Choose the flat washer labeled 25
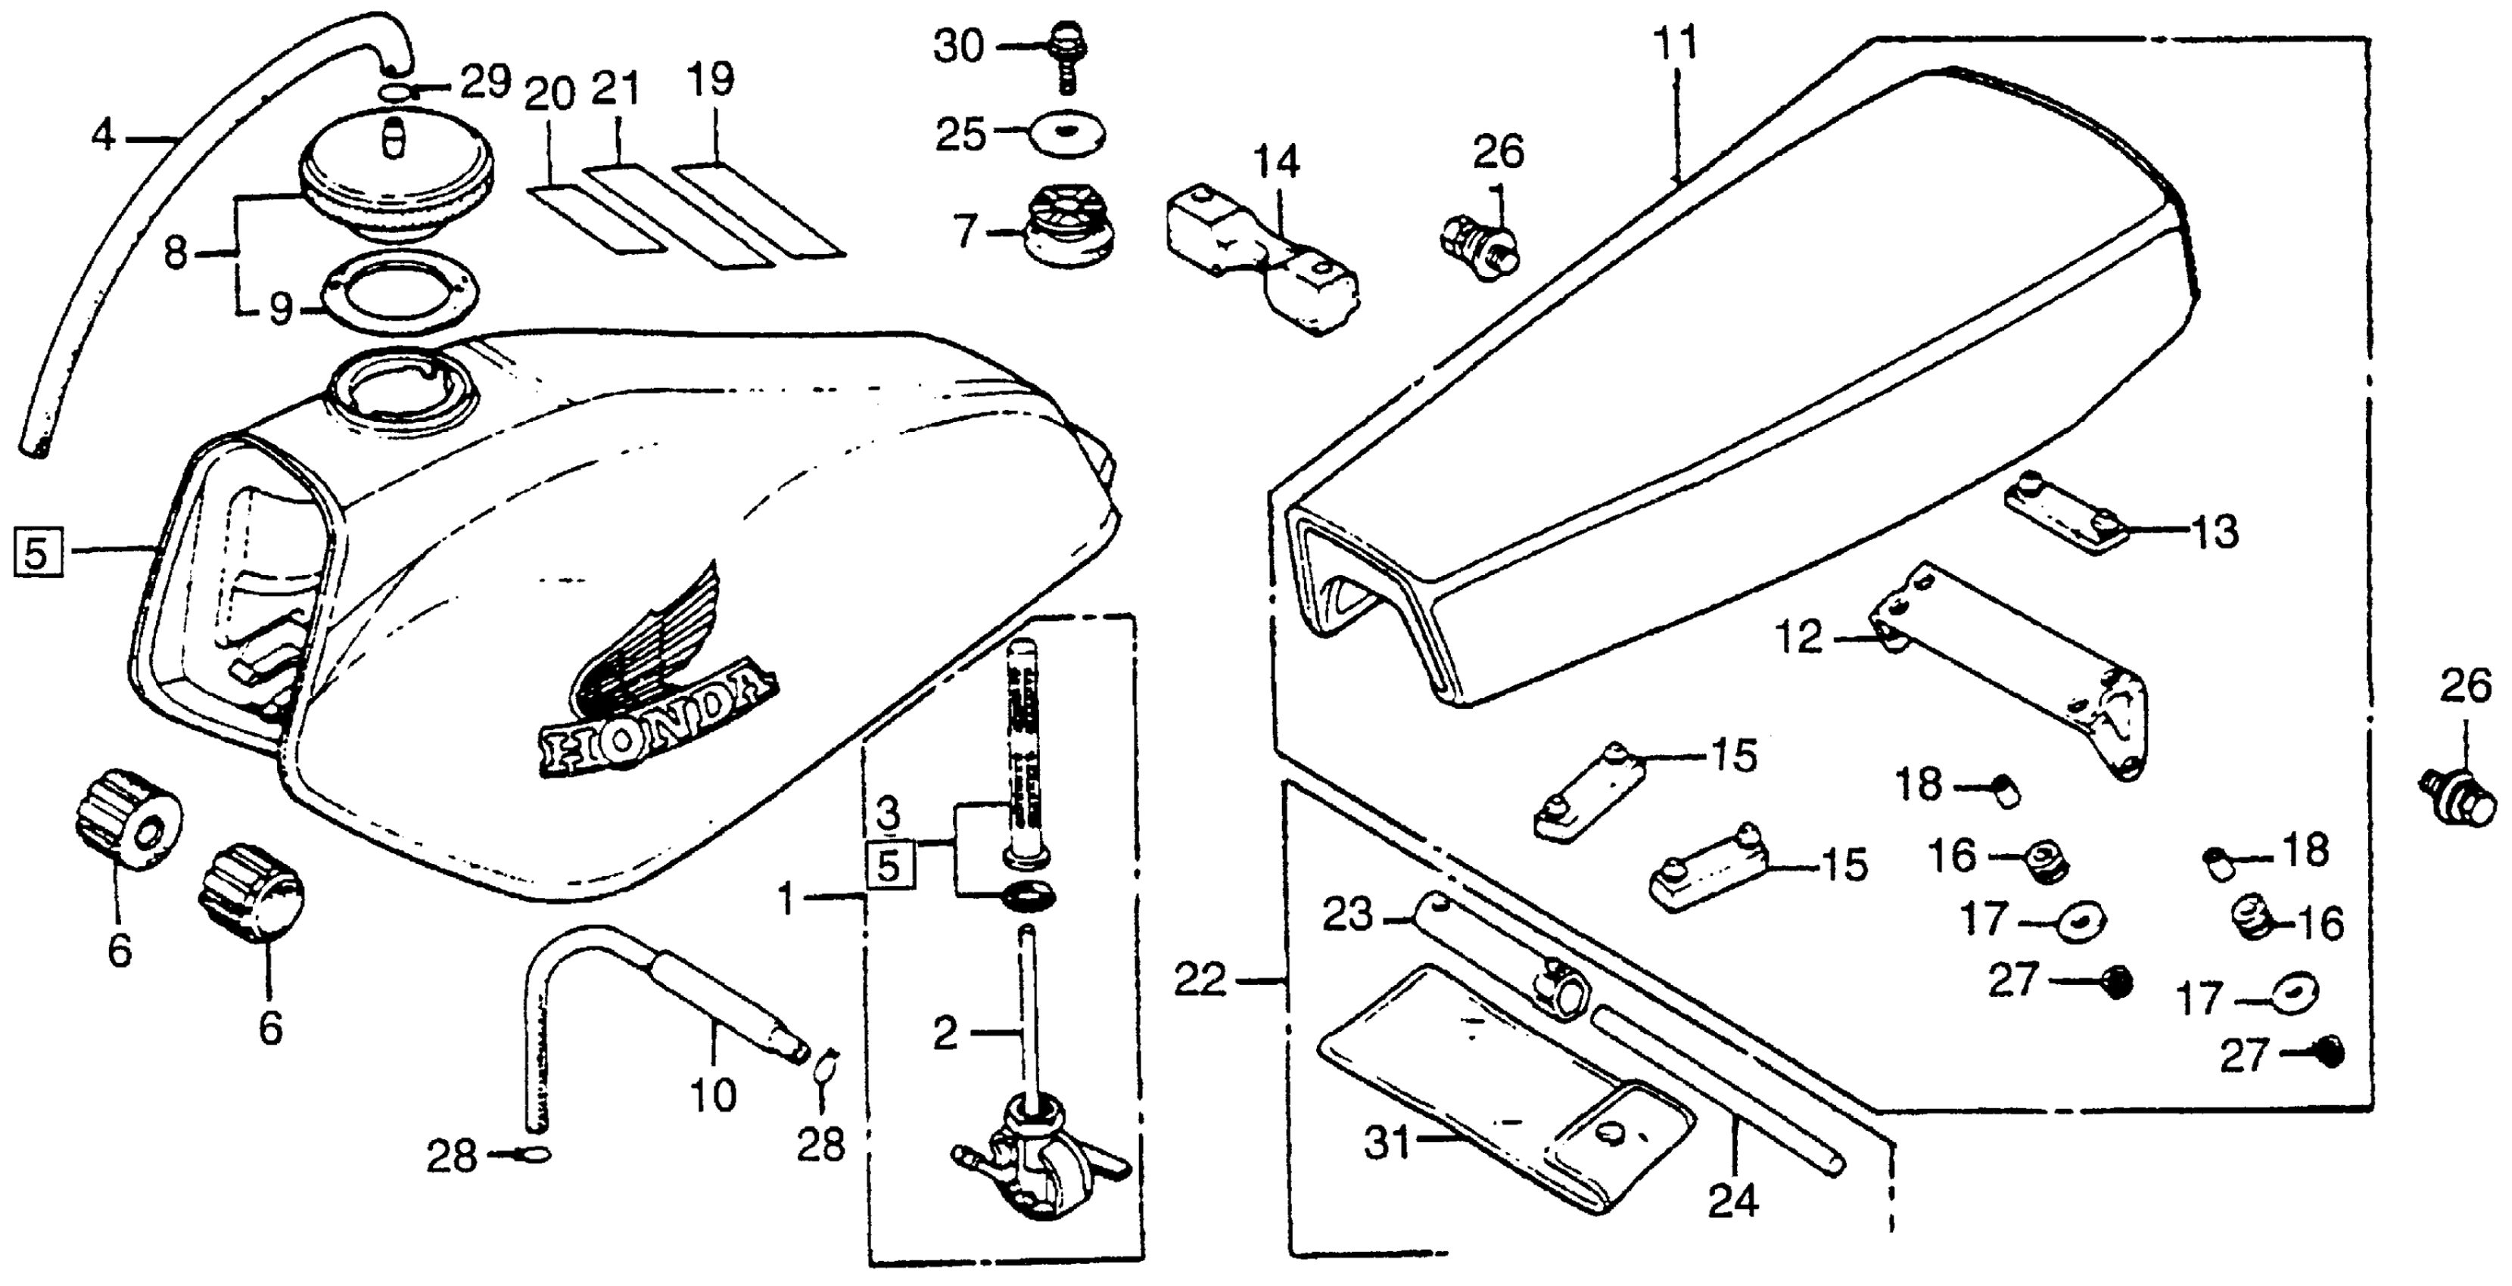click(x=1068, y=132)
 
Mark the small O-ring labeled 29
click(x=395, y=92)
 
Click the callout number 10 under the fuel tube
click(x=713, y=1096)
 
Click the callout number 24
click(x=1733, y=1201)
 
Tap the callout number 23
click(x=1348, y=915)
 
